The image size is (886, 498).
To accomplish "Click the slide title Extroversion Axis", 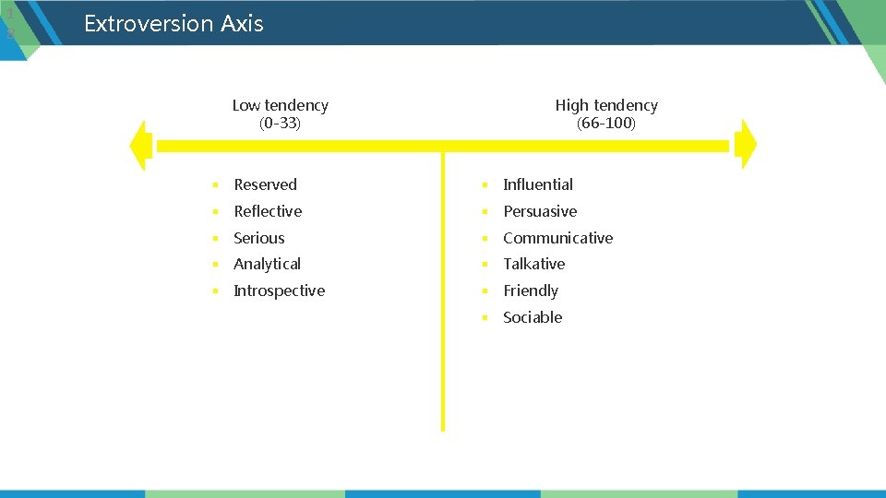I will [174, 23].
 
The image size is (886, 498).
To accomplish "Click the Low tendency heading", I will [280, 105].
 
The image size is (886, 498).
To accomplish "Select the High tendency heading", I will [606, 105].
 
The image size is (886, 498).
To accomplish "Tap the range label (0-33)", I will [280, 123].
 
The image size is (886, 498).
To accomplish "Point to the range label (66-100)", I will [606, 123].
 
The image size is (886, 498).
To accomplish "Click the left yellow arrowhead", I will [141, 146].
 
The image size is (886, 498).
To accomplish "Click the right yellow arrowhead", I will [748, 145].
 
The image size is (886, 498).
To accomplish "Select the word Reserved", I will [265, 184].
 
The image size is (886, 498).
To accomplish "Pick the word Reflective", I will [268, 211].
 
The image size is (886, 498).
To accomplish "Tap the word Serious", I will [258, 238].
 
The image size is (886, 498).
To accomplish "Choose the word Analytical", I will [267, 264].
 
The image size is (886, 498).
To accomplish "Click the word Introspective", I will [279, 290].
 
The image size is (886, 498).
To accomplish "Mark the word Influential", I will [538, 184].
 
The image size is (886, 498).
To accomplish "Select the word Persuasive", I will [540, 211].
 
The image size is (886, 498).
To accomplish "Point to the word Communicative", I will [557, 238].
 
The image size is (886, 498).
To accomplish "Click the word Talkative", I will [533, 264].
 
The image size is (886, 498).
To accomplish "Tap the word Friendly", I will [531, 290].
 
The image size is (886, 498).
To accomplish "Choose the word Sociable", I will [533, 317].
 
